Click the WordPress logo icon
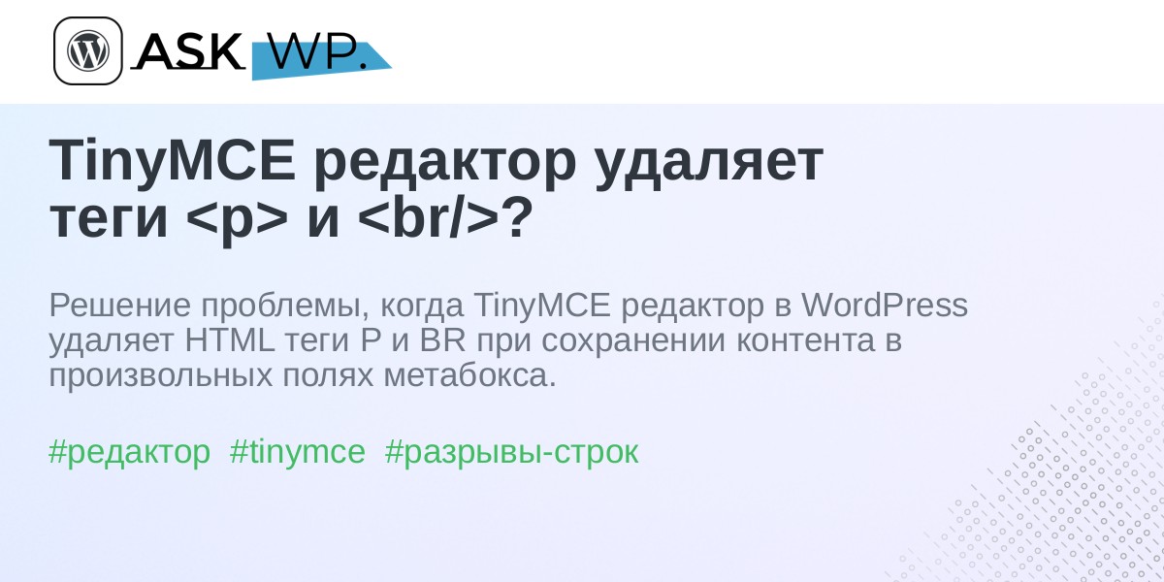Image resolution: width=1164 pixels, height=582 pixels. pos(88,50)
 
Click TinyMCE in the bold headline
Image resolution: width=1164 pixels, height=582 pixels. pos(172,161)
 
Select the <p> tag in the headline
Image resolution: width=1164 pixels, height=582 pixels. pos(237,218)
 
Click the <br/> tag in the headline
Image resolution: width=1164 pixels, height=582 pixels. pos(428,216)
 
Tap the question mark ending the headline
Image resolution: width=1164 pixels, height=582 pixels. pos(516,216)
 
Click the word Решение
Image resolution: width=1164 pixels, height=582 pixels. pos(119,305)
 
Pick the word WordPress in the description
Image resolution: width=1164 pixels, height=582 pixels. pos(884,305)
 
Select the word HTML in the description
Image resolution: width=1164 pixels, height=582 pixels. pos(230,340)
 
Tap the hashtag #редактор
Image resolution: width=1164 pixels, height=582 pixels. pos(129,452)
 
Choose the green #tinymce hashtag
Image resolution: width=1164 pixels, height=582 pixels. pos(297,452)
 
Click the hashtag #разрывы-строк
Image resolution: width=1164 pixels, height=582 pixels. pos(511,452)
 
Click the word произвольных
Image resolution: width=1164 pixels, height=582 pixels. pos(161,376)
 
